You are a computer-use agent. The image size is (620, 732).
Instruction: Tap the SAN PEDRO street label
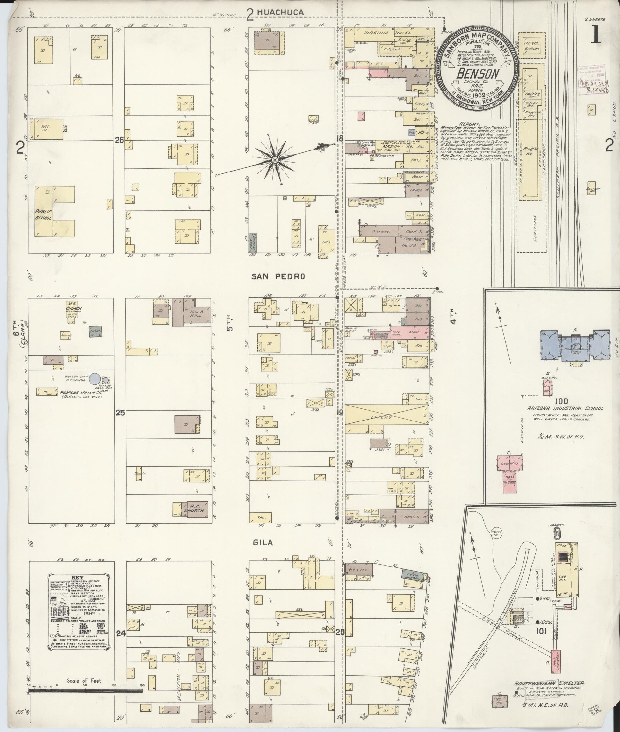(278, 277)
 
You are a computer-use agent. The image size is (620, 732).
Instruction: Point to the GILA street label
(263, 543)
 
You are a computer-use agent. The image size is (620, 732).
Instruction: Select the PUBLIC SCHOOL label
(44, 215)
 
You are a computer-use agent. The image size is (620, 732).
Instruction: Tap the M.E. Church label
(73, 306)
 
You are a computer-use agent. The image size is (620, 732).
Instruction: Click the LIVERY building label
(382, 417)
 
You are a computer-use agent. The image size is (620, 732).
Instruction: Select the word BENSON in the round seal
(478, 74)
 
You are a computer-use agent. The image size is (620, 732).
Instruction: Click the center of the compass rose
(275, 160)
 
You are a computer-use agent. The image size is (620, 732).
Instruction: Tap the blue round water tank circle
(94, 379)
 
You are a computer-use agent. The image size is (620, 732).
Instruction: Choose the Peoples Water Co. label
(80, 392)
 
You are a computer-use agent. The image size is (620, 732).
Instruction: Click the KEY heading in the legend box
(78, 578)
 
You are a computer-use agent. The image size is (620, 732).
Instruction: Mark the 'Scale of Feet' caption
(85, 681)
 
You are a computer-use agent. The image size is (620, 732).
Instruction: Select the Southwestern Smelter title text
(549, 683)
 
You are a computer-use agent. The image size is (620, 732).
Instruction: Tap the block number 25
(120, 413)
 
